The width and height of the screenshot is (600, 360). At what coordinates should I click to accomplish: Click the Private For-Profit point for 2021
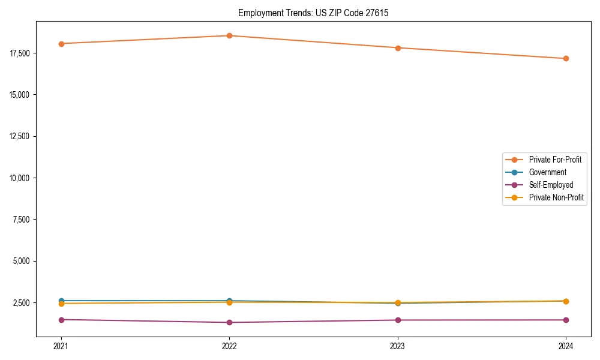[61, 44]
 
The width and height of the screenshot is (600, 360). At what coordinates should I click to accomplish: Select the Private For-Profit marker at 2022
[229, 35]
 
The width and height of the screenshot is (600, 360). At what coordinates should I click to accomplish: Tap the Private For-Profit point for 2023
[398, 48]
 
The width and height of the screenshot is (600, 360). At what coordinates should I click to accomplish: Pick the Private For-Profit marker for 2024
[566, 59]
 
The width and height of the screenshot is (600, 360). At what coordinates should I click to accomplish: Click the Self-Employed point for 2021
[61, 320]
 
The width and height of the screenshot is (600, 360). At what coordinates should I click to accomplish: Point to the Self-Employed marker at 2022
[229, 323]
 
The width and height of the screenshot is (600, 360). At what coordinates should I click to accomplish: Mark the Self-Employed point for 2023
[398, 320]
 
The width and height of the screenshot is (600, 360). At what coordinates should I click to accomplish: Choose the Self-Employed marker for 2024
[566, 320]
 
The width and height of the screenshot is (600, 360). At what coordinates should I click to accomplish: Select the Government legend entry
[547, 172]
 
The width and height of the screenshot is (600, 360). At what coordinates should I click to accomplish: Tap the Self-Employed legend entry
[551, 185]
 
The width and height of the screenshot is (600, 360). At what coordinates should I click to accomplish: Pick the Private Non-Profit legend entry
[556, 197]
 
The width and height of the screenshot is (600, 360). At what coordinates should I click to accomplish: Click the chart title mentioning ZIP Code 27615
[313, 13]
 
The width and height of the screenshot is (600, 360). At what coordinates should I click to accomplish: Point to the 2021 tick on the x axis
[61, 346]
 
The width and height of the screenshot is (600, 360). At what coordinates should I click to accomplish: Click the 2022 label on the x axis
[229, 346]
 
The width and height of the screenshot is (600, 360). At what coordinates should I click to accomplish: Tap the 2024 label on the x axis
[566, 346]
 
